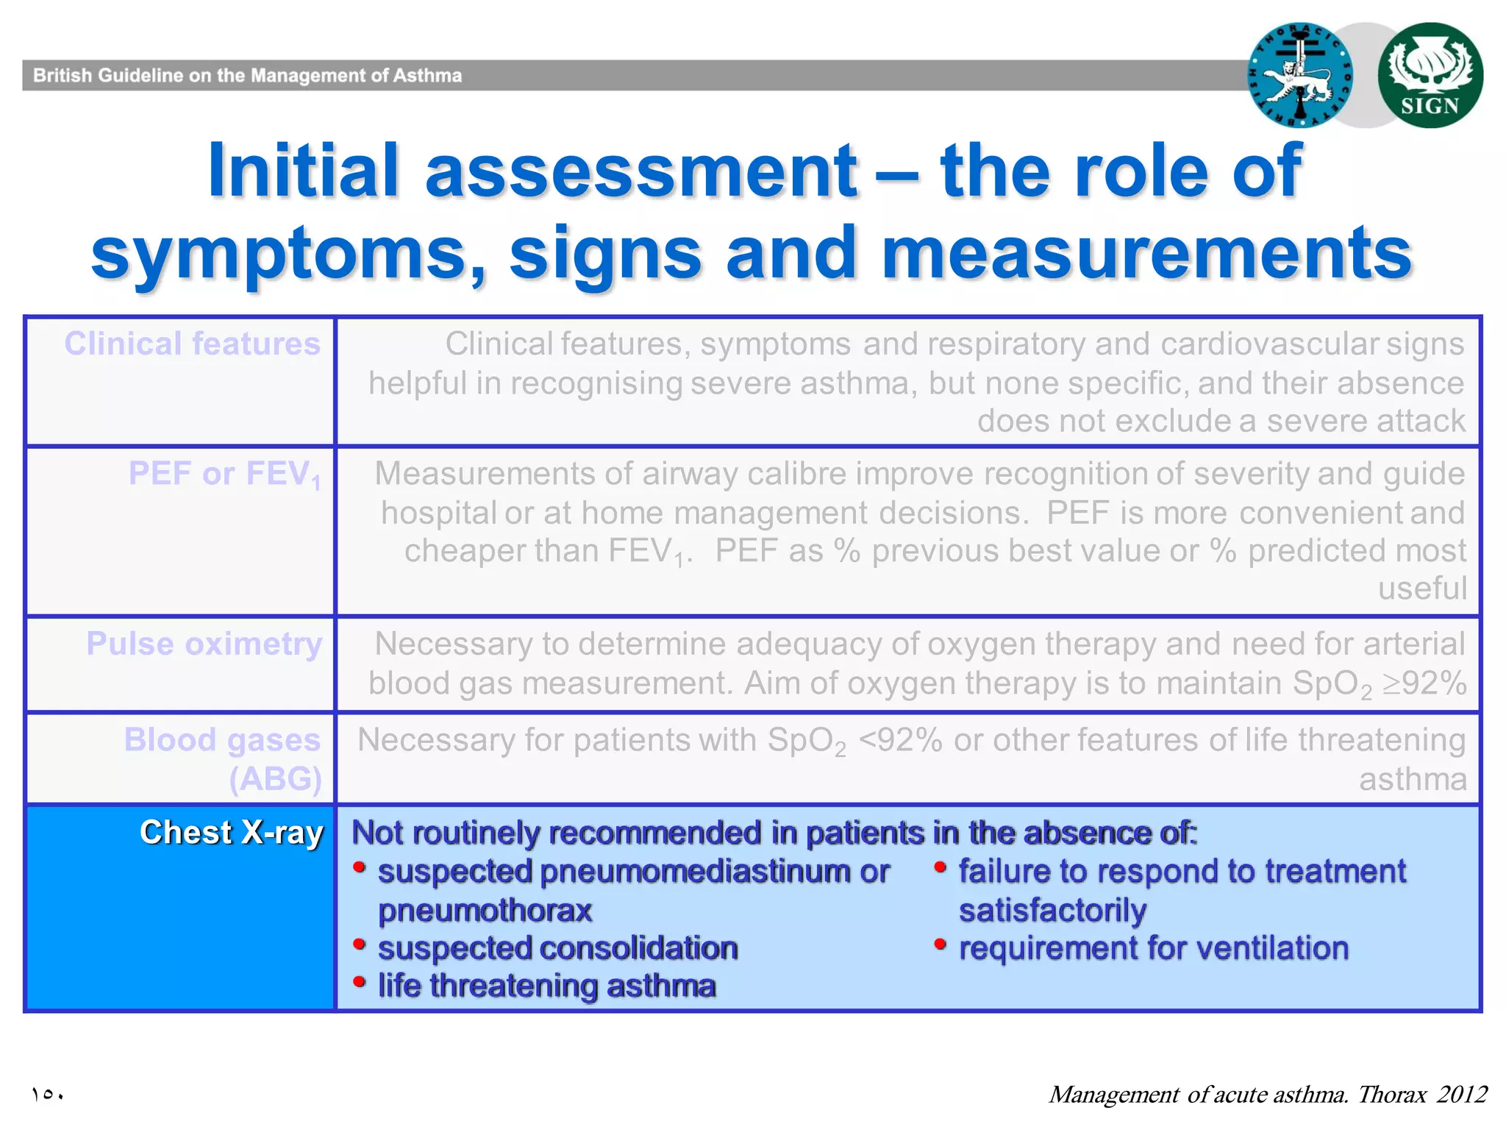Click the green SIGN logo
pos(1430,75)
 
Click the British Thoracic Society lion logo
pos(1300,75)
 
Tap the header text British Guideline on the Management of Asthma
pos(247,76)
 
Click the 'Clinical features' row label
pos(192,344)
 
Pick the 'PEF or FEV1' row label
pos(224,474)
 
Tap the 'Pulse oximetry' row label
pos(204,644)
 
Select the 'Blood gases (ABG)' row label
pos(223,758)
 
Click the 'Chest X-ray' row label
pos(231,833)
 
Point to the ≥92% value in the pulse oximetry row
pos(1424,683)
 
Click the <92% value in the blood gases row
pos(900,740)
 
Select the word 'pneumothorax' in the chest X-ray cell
pos(485,911)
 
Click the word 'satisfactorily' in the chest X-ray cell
pos(1052,911)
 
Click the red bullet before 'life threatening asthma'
pos(360,982)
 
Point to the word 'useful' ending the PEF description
pos(1421,589)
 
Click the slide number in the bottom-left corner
pos(48,1095)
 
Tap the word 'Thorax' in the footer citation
pos(1392,1095)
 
